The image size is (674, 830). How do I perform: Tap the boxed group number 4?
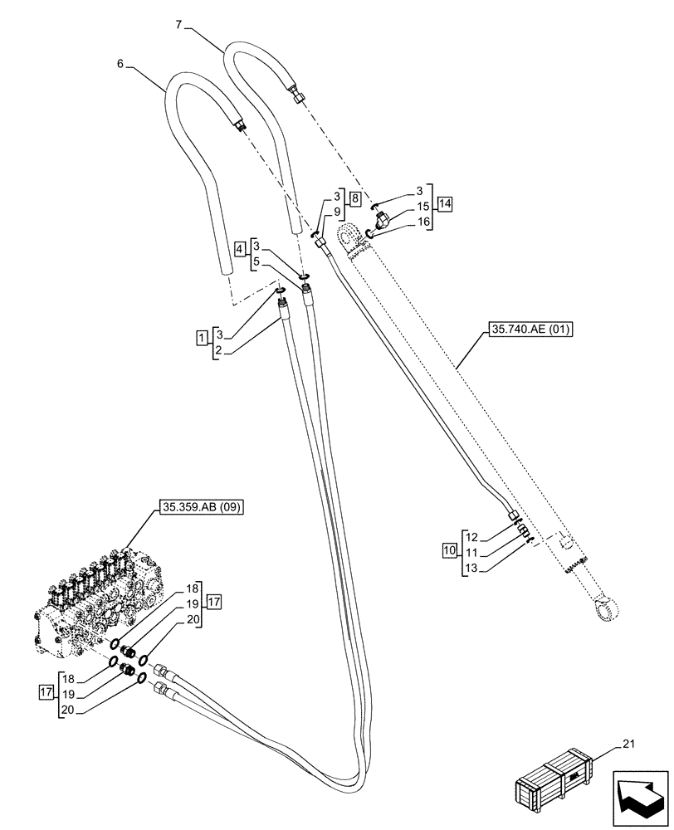click(239, 248)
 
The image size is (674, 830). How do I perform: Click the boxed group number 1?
click(202, 338)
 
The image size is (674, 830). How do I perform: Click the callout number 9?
click(336, 213)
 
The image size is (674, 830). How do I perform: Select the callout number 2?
click(218, 351)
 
